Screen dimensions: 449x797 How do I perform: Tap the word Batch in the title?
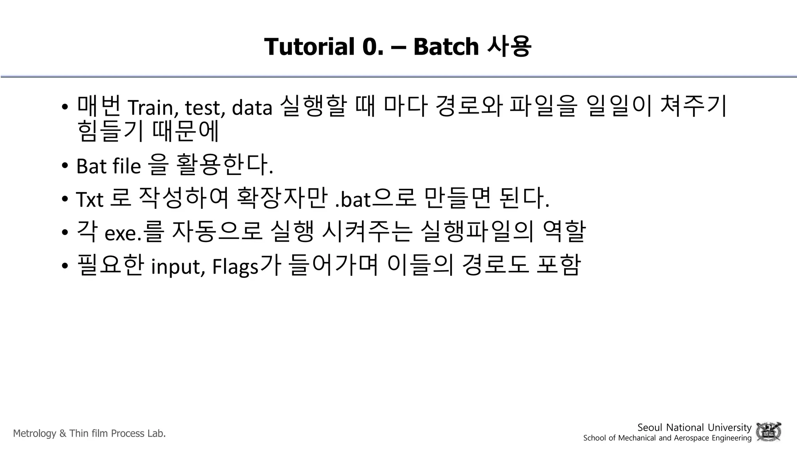pyautogui.click(x=446, y=46)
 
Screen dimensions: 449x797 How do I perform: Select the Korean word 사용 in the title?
pyautogui.click(x=509, y=46)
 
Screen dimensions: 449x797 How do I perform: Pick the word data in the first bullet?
pyautogui.click(x=252, y=108)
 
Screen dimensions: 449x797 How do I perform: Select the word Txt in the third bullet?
pyautogui.click(x=90, y=199)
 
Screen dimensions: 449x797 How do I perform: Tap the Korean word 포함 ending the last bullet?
pyautogui.click(x=559, y=265)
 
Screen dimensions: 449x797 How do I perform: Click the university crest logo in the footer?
pyautogui.click(x=768, y=432)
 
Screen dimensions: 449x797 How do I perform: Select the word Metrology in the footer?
pyautogui.click(x=35, y=433)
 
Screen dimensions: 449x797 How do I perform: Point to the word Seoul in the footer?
pyautogui.click(x=650, y=428)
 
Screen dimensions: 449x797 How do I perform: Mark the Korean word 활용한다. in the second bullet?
pyautogui.click(x=224, y=165)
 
